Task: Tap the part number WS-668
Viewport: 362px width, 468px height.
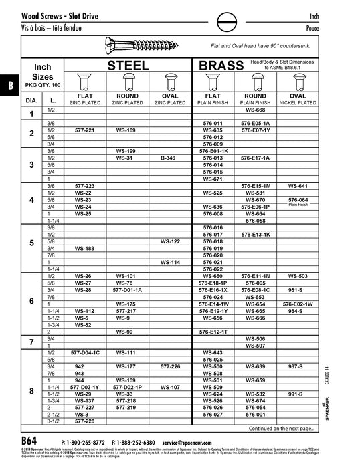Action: pyautogui.click(x=256, y=110)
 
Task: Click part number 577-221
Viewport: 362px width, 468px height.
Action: pyautogui.click(x=84, y=130)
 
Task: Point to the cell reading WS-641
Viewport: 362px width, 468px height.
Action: pyautogui.click(x=298, y=185)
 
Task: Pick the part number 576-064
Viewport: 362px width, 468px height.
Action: pyautogui.click(x=298, y=199)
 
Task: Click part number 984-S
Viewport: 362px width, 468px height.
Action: pyautogui.click(x=298, y=311)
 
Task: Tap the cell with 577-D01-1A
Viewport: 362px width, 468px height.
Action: pyautogui.click(x=126, y=290)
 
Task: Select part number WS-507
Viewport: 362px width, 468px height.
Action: pyautogui.click(x=256, y=346)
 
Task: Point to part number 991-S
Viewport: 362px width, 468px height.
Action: pyautogui.click(x=298, y=394)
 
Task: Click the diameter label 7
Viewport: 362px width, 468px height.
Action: pyautogui.click(x=31, y=342)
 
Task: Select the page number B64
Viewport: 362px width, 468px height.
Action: pyautogui.click(x=29, y=442)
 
